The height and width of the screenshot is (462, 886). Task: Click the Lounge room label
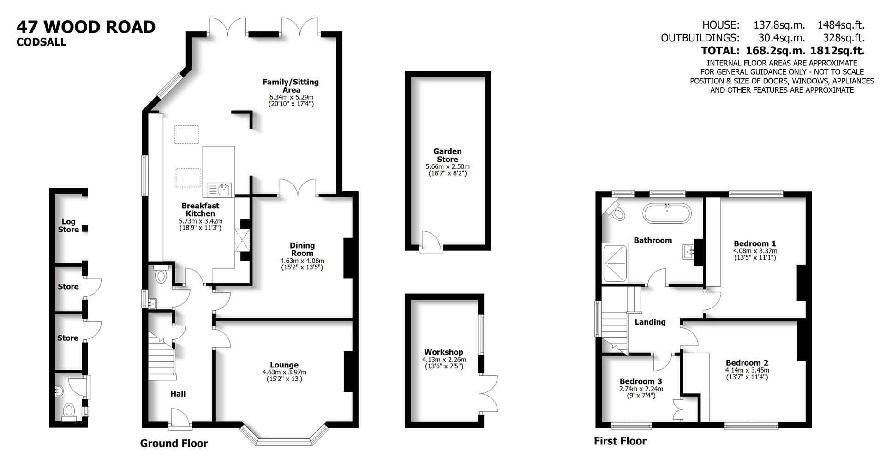pos(284,365)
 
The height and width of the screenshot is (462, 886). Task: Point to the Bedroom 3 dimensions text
pos(641,392)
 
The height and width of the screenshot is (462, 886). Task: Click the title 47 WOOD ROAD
pos(86,27)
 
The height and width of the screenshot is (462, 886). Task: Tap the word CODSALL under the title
pos(41,42)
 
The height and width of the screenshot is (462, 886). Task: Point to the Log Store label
pos(68,225)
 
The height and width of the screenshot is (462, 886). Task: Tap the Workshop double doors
pos(489,393)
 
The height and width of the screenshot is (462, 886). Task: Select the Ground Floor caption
pos(174,444)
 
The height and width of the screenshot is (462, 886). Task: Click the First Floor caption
pos(620,441)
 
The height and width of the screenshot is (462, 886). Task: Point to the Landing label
pos(650,322)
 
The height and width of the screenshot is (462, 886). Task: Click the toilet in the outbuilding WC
pos(69,411)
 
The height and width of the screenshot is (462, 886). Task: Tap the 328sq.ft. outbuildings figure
pos(844,38)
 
